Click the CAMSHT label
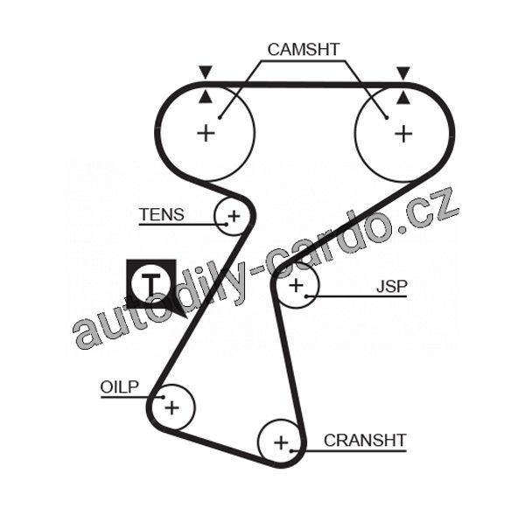tap(304, 49)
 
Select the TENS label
tap(162, 214)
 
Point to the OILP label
tap(120, 386)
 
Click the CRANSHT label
tap(365, 440)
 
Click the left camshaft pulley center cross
tap(206, 133)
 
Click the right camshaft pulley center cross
tap(402, 133)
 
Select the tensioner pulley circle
tap(233, 215)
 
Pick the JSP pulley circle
tap(297, 285)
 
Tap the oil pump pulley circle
tap(171, 407)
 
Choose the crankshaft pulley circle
tap(281, 442)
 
